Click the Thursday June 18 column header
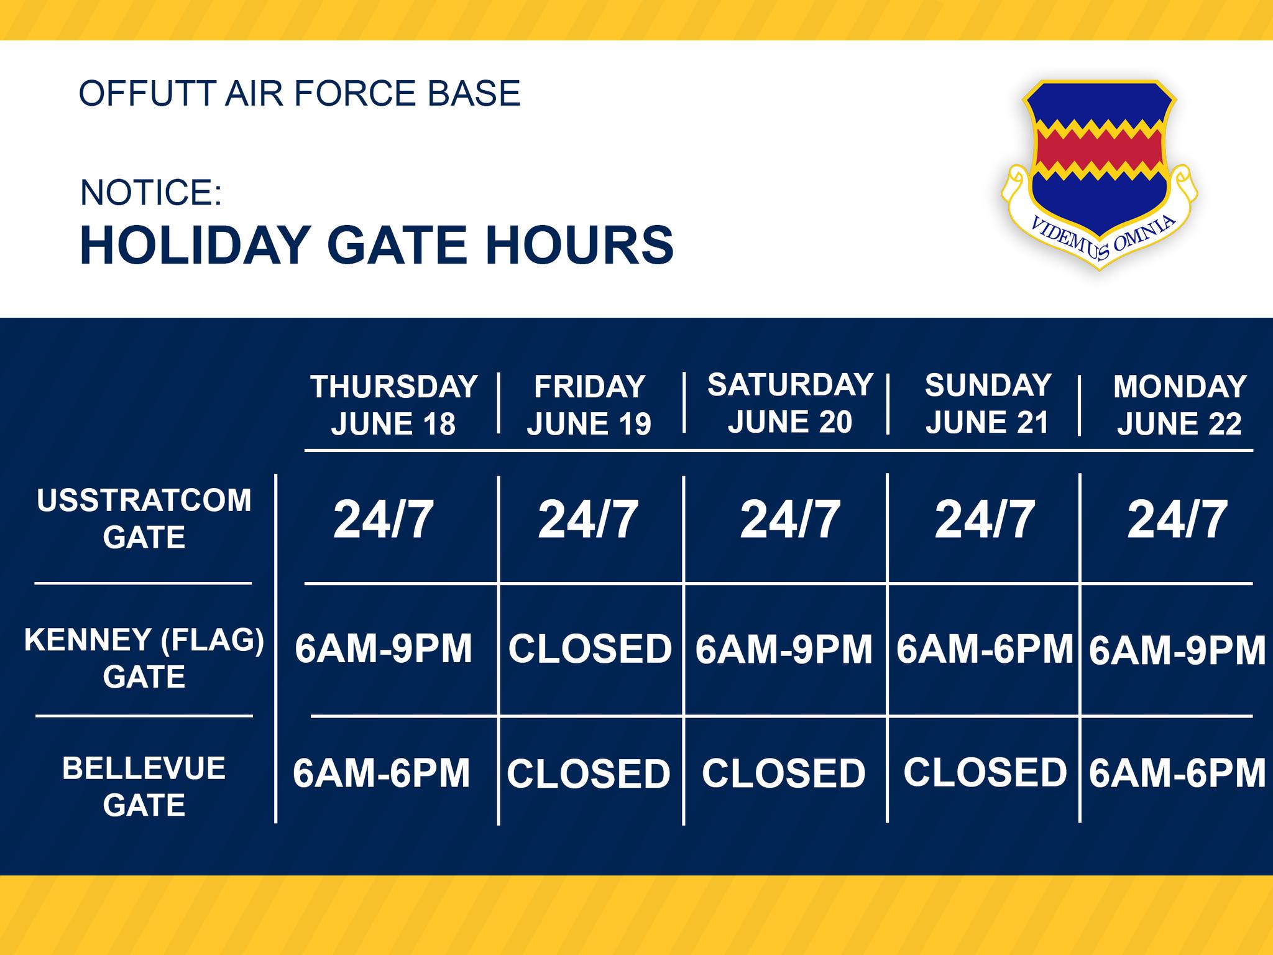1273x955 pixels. coord(394,405)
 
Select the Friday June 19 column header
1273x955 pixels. coord(589,405)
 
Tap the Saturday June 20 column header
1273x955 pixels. coord(790,403)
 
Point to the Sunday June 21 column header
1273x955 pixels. coord(988,404)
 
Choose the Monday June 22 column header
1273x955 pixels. coord(1180,405)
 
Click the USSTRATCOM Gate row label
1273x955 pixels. coord(144,519)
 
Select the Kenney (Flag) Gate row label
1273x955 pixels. coord(144,658)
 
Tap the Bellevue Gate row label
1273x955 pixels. coord(144,787)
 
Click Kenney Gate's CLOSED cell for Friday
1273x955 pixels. coord(590,649)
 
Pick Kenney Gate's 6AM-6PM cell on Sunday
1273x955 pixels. coord(985,649)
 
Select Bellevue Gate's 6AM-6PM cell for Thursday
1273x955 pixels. coord(381,773)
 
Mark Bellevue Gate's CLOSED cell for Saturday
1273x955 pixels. coord(784,773)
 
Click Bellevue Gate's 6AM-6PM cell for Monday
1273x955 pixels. coord(1177,773)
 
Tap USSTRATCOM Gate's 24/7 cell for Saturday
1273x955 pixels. coord(790,520)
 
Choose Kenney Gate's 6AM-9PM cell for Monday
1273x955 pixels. coord(1177,650)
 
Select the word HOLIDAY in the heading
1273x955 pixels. coord(195,245)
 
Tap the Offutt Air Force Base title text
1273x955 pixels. coord(300,93)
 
